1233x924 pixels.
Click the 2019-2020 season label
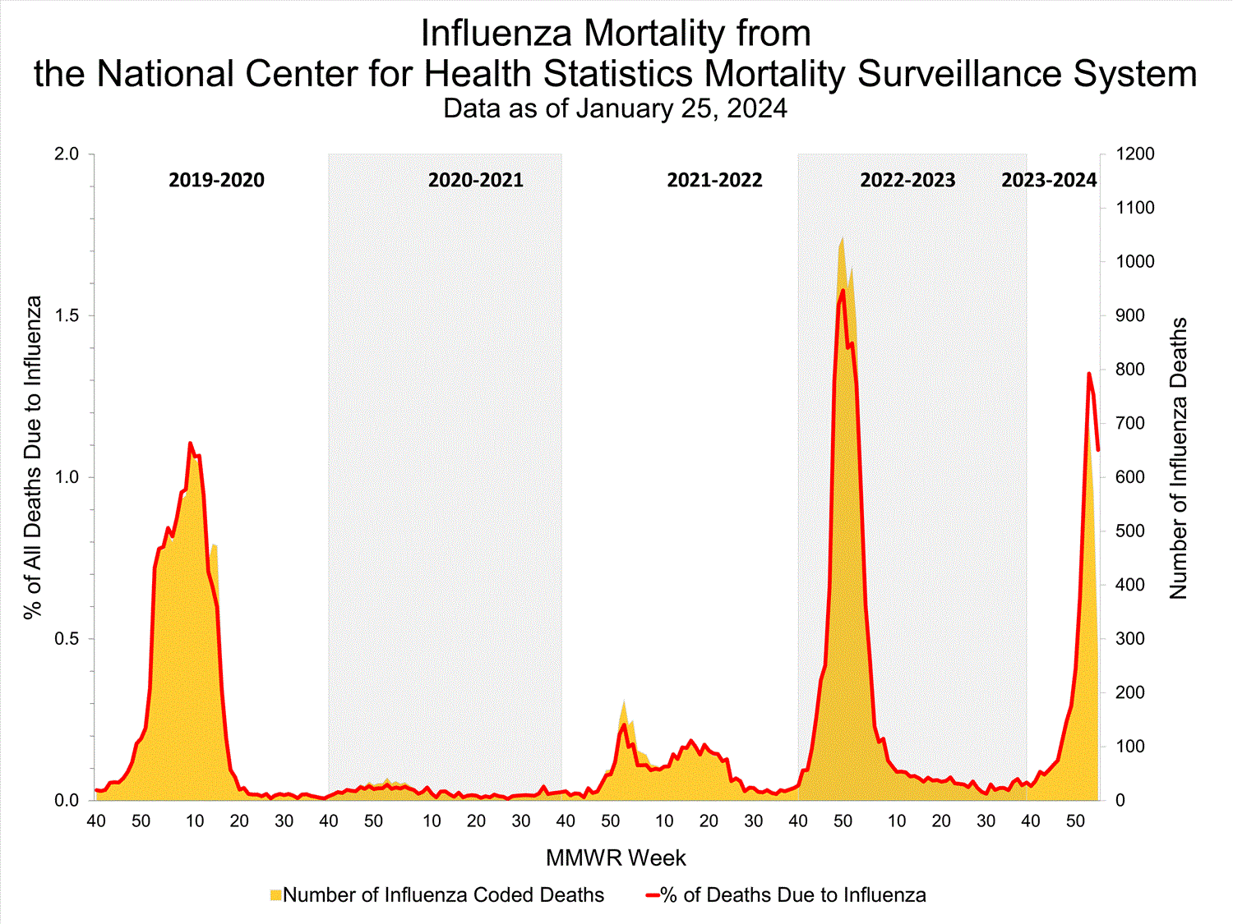pyautogui.click(x=216, y=180)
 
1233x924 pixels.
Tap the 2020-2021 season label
pyautogui.click(x=475, y=180)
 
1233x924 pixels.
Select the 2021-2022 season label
pyautogui.click(x=714, y=180)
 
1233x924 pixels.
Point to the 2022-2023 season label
pyautogui.click(x=907, y=180)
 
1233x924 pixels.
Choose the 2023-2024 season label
pyautogui.click(x=1049, y=180)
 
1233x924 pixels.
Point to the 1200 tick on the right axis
pyautogui.click(x=1134, y=154)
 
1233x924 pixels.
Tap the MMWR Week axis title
pyautogui.click(x=616, y=858)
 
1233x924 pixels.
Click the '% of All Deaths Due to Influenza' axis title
pyautogui.click(x=33, y=457)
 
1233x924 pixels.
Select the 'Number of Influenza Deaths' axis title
pyautogui.click(x=1179, y=457)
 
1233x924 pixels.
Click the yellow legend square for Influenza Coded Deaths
pyautogui.click(x=275, y=895)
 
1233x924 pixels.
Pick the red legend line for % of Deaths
pyautogui.click(x=653, y=895)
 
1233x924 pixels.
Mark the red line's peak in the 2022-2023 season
pyautogui.click(x=843, y=290)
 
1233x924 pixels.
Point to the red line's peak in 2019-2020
pyautogui.click(x=190, y=444)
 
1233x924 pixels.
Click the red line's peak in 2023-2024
pyautogui.click(x=1089, y=374)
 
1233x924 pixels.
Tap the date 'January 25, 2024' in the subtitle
pyautogui.click(x=681, y=109)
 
